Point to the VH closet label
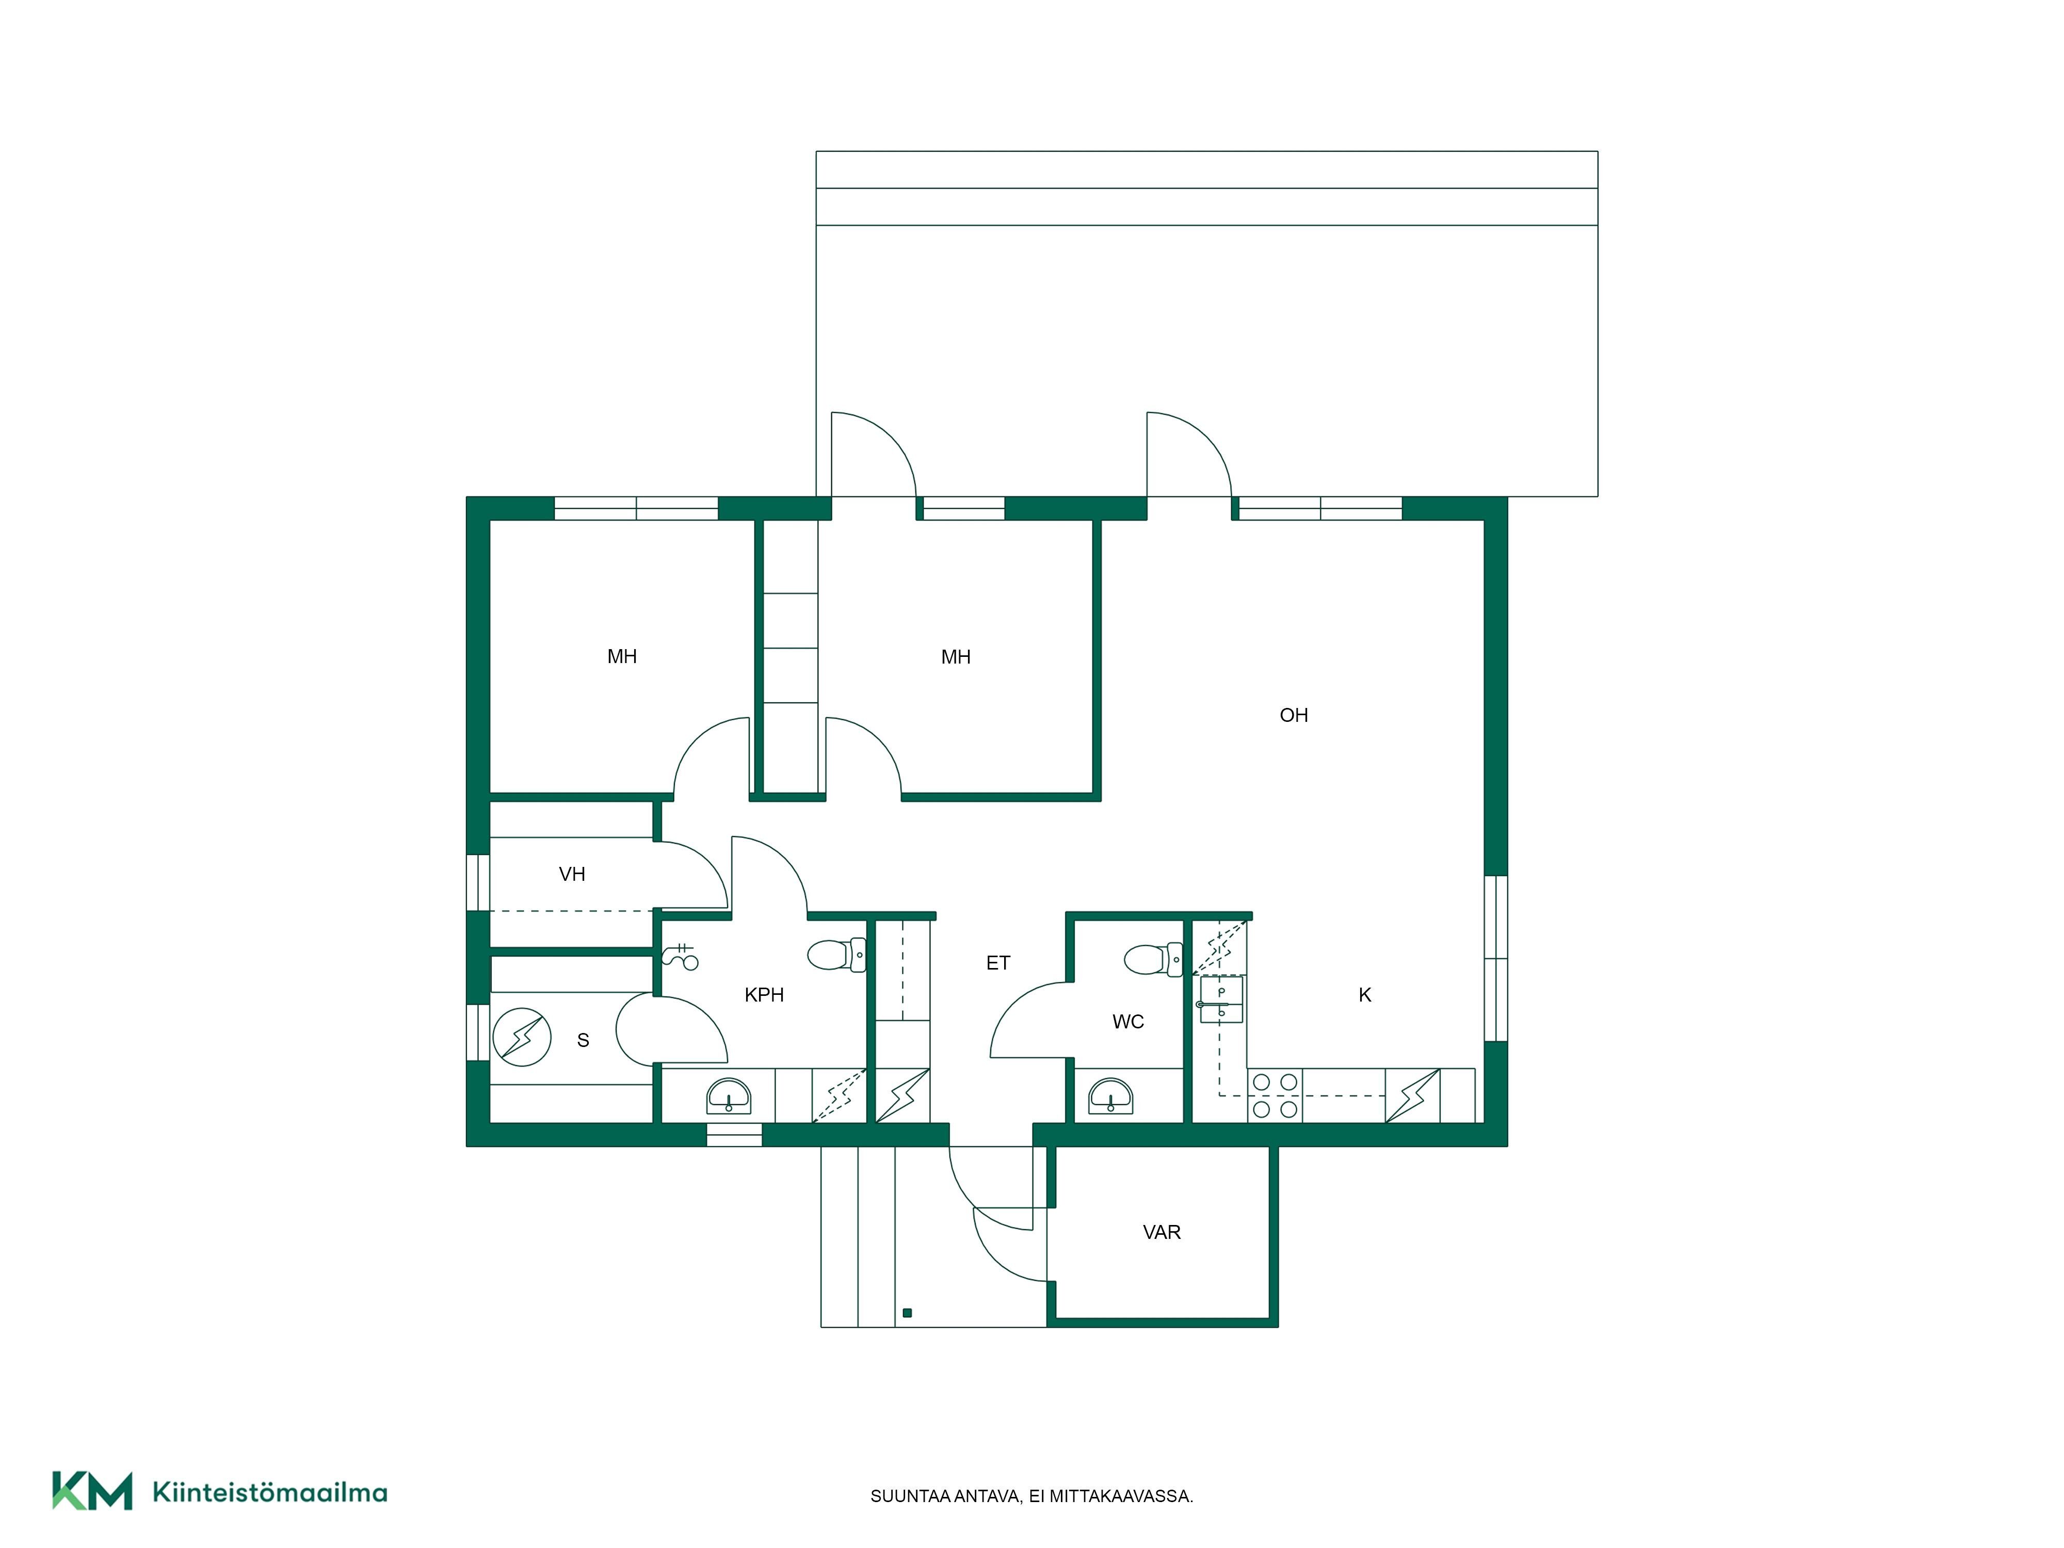tap(572, 874)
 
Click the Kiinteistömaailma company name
tap(270, 1493)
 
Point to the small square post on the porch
tap(907, 1313)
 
